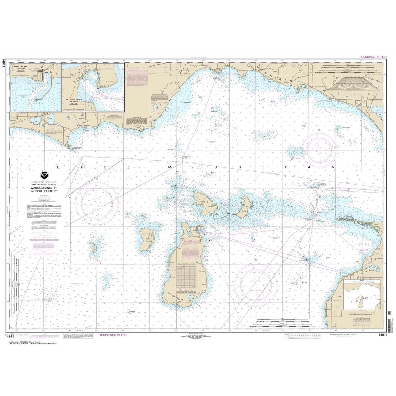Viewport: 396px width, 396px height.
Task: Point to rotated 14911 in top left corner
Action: (x=3, y=63)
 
